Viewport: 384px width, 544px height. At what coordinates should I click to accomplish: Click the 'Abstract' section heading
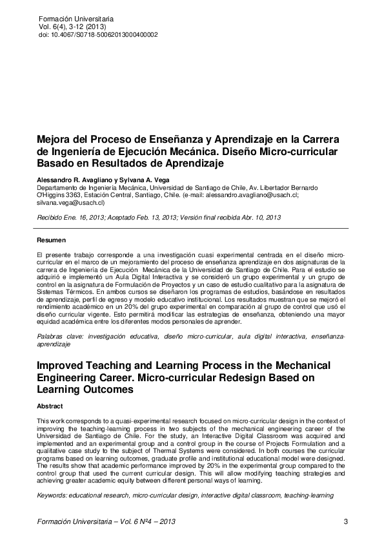50,406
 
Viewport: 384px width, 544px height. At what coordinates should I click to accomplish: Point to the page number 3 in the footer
346,521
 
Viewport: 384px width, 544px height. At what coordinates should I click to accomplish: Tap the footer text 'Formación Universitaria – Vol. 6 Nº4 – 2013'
106,521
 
